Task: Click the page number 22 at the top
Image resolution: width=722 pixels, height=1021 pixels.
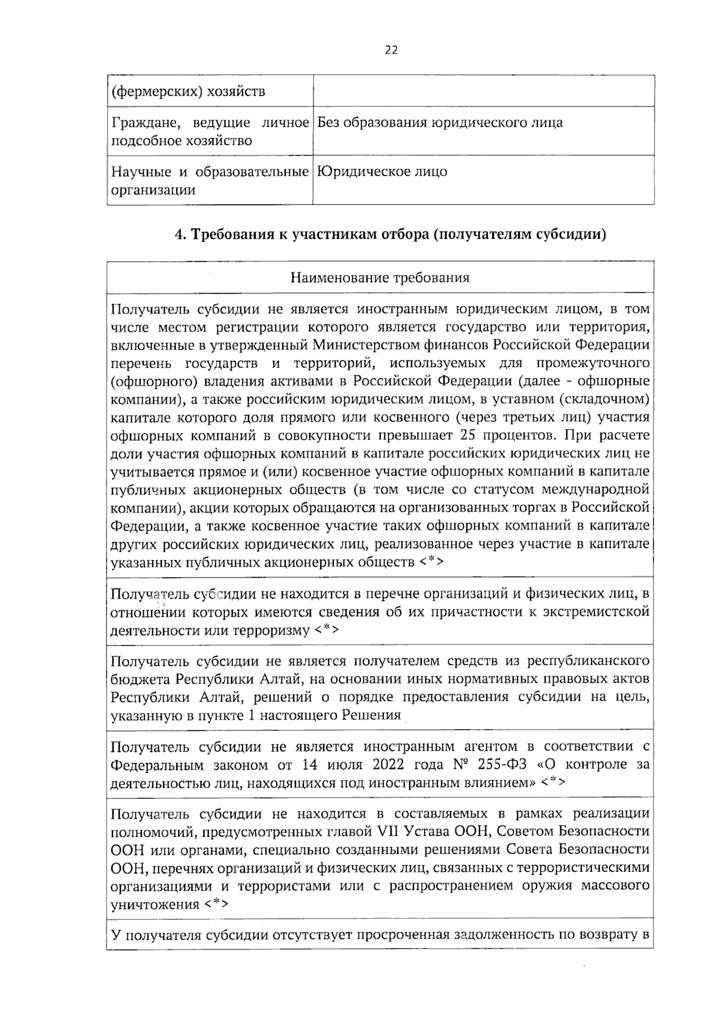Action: coord(391,51)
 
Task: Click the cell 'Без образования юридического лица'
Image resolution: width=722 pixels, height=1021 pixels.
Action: coord(440,123)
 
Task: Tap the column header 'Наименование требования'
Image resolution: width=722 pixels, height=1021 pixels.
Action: coord(380,278)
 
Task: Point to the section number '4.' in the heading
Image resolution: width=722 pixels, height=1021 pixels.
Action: coord(179,235)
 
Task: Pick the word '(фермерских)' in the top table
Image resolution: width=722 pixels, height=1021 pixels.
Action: coord(156,92)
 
